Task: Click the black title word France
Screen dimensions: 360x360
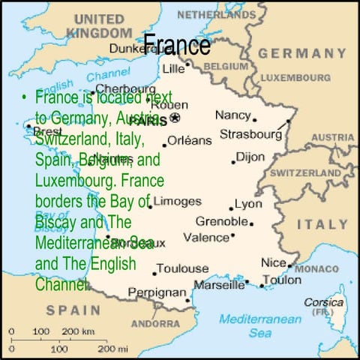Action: click(x=176, y=46)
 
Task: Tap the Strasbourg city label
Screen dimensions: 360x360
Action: click(x=250, y=134)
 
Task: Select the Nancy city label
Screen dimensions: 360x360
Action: click(x=232, y=115)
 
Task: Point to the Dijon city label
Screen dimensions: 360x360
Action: click(x=250, y=157)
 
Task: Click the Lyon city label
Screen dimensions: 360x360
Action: click(x=248, y=204)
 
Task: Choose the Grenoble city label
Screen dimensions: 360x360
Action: click(x=221, y=221)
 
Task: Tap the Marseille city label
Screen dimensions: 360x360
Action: click(x=219, y=284)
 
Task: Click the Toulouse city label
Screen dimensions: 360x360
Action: click(x=184, y=268)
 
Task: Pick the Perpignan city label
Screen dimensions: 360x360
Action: click(x=157, y=292)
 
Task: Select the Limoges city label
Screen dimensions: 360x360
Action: click(x=178, y=201)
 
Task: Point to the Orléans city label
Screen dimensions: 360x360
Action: click(x=189, y=140)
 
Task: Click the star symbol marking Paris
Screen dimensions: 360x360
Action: click(x=175, y=118)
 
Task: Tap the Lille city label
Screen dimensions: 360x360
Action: click(x=173, y=68)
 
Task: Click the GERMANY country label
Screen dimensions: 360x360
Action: click(x=302, y=53)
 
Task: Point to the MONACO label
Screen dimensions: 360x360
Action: click(x=316, y=268)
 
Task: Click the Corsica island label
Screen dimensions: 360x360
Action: click(x=323, y=302)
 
